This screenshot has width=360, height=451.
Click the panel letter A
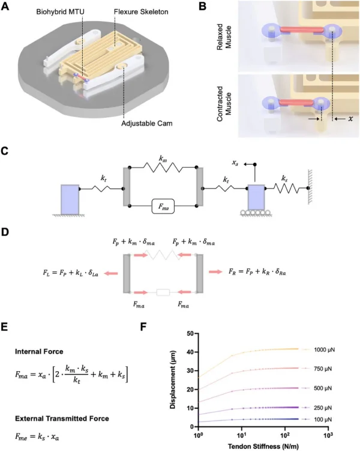[12, 8]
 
